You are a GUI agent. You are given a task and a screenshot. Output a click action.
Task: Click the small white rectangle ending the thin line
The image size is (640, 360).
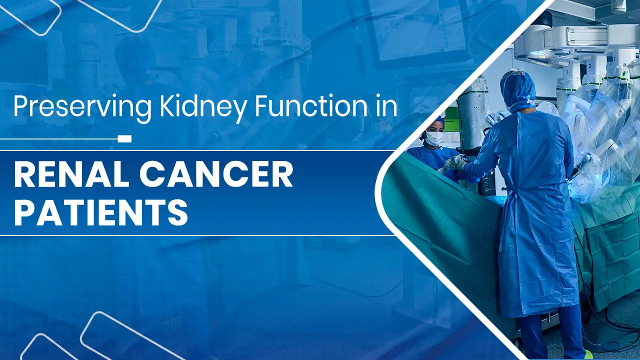[x=124, y=138]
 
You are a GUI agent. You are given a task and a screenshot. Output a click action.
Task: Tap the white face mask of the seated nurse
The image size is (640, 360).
[x=434, y=138]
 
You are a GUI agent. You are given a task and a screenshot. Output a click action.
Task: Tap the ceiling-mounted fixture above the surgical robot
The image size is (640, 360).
[x=618, y=6]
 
